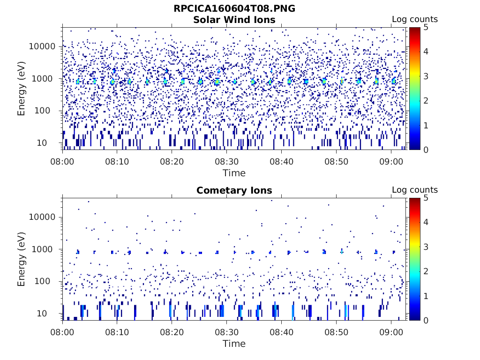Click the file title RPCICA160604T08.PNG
(x=234, y=9)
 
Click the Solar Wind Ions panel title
(x=234, y=20)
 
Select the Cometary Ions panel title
(x=234, y=190)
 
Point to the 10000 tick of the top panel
(x=43, y=46)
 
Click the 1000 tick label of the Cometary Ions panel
(x=45, y=249)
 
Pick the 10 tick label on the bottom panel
(x=51, y=313)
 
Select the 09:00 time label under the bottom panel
(x=391, y=332)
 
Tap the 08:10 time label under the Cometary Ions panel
(x=117, y=332)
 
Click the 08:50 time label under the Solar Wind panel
(x=336, y=161)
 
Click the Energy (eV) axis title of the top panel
(x=22, y=88)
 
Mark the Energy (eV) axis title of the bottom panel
(x=22, y=259)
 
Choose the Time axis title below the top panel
(x=234, y=173)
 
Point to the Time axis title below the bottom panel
(x=234, y=344)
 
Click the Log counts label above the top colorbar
(x=414, y=20)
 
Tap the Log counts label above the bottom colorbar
(x=414, y=190)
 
